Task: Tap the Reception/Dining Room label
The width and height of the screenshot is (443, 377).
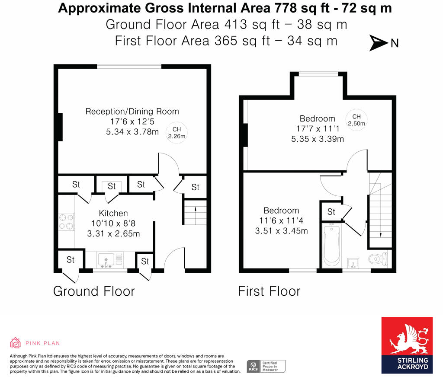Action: coord(132,112)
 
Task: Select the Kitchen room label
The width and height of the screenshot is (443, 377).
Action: coord(113,213)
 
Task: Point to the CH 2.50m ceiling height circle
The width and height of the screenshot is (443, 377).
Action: coord(356,120)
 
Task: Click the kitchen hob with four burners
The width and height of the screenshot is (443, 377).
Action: coord(66,221)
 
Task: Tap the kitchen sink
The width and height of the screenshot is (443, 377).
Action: coord(106,260)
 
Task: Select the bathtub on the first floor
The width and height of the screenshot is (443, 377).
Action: coord(332,245)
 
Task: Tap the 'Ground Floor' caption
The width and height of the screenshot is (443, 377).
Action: coord(94,291)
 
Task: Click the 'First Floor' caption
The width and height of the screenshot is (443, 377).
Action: coord(269,291)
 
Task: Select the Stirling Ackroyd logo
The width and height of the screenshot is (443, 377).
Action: coord(407,345)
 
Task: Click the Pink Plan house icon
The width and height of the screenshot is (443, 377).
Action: coord(16,343)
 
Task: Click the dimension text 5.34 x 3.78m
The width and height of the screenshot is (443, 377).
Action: coord(132,132)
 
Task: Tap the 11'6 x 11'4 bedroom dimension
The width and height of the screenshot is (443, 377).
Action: coord(281,221)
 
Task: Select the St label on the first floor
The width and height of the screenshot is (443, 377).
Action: coord(331,212)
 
